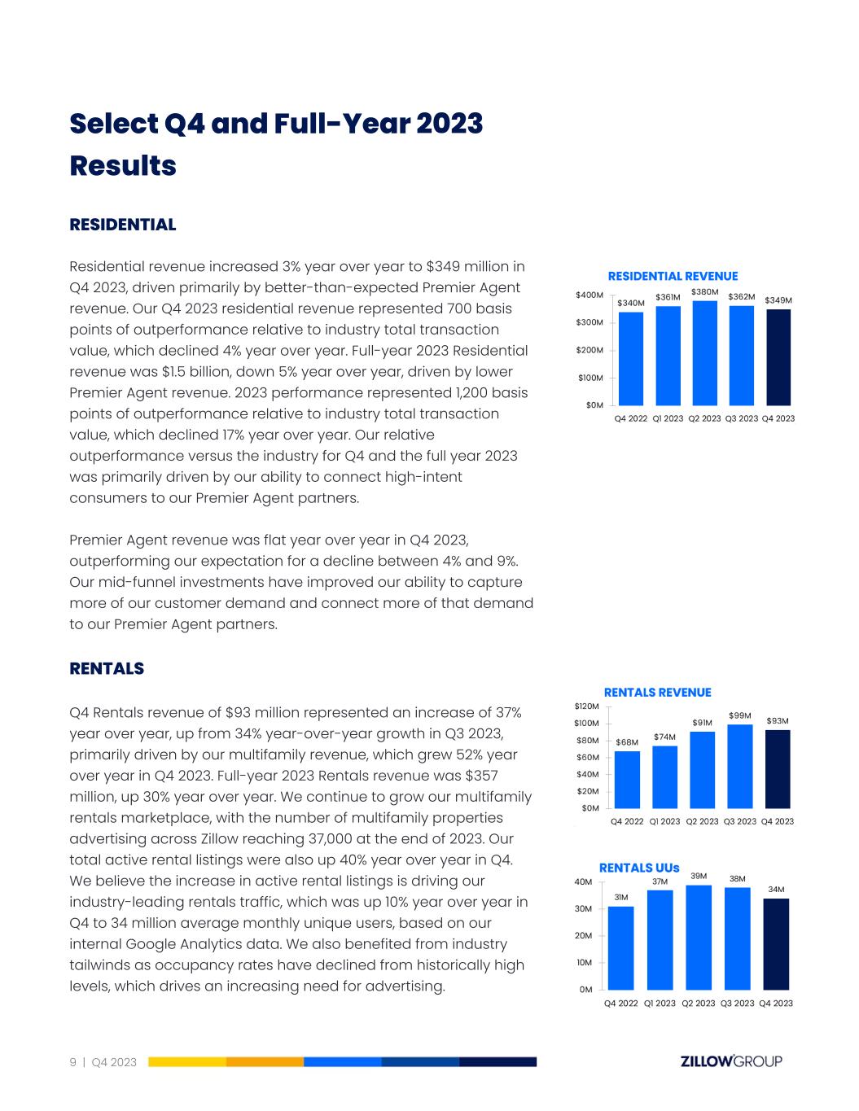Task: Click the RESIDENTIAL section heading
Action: coord(123,225)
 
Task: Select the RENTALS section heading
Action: coord(107,669)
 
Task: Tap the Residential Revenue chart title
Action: coord(673,277)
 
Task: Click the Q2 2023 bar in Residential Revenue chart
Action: coord(704,353)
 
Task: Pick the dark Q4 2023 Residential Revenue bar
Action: coord(778,357)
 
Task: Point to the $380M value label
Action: coord(704,291)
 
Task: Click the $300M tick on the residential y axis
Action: coord(589,323)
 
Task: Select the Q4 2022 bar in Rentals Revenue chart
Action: coord(627,780)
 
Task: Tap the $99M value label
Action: coord(739,715)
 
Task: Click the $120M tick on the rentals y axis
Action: coord(586,706)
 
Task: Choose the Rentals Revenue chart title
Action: coord(657,693)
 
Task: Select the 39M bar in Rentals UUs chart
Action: coord(699,937)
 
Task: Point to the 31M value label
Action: coord(621,897)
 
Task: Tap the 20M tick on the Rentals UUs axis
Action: coord(583,936)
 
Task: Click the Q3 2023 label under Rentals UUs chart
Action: coord(737,1004)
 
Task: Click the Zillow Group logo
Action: coord(730,1061)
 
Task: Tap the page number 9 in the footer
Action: coord(73,1062)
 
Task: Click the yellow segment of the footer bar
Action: coord(187,1062)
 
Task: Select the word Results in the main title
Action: coord(123,165)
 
